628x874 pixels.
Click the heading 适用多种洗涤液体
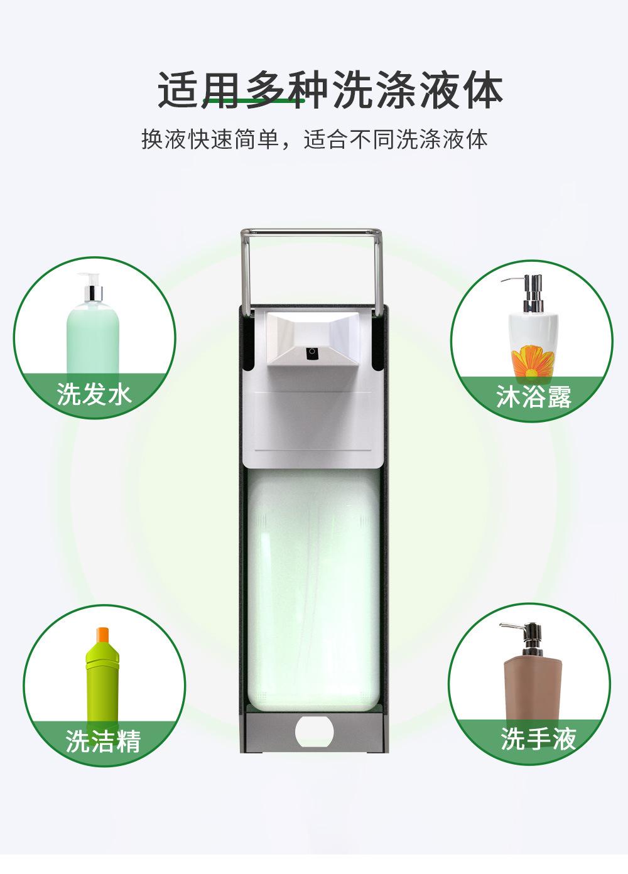pyautogui.click(x=330, y=90)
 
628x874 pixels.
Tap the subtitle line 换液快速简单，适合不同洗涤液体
pyautogui.click(x=314, y=139)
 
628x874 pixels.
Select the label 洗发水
pyautogui.click(x=94, y=394)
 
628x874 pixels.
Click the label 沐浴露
pyautogui.click(x=534, y=396)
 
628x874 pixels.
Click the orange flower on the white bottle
pyautogui.click(x=533, y=362)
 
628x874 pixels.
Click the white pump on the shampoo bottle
pyautogui.click(x=91, y=287)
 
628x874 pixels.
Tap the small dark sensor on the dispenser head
pyautogui.click(x=311, y=352)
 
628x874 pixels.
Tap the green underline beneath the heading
pyautogui.click(x=253, y=100)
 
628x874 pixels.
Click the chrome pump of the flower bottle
pyautogui.click(x=528, y=293)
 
